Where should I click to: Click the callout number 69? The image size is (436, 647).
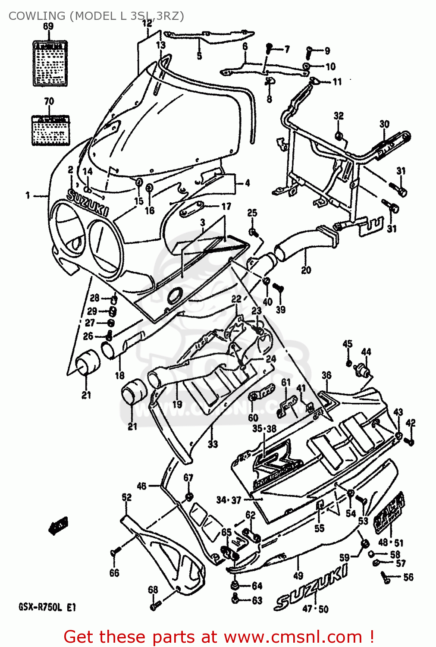(x=48, y=26)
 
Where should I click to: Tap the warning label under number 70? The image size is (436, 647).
(x=50, y=130)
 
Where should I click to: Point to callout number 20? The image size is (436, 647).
(x=306, y=270)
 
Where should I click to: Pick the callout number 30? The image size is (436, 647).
(x=384, y=124)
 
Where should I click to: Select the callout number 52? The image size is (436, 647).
(x=126, y=497)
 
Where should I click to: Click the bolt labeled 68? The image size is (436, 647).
(x=155, y=605)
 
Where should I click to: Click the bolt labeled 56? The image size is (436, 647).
(x=386, y=577)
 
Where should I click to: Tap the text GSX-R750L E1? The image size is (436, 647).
(x=47, y=607)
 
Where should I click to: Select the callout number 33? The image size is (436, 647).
(x=213, y=444)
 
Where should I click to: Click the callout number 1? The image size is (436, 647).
(x=28, y=195)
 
